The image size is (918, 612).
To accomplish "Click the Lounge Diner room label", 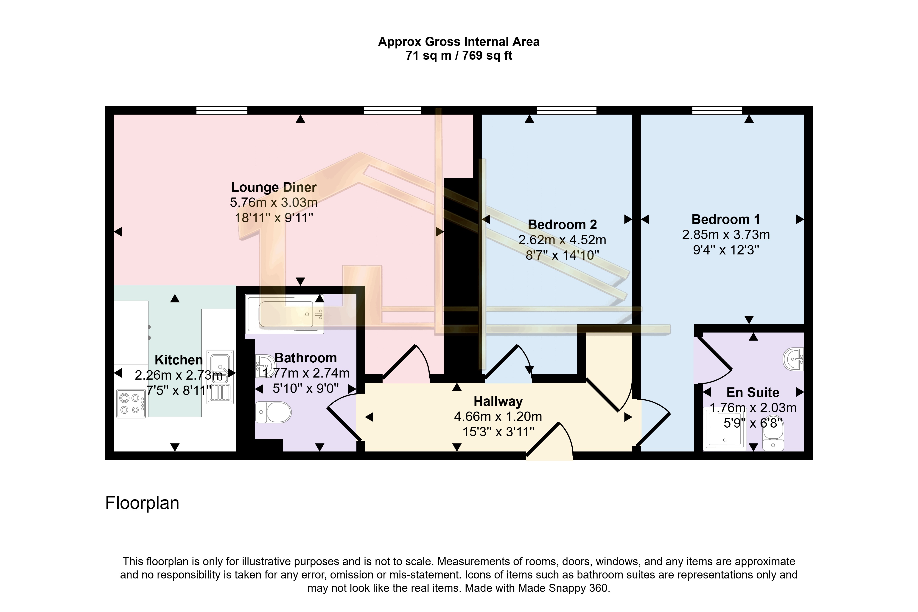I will coord(274,187).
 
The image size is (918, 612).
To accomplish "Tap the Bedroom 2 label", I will coord(562,225).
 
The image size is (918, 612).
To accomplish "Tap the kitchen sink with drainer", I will coord(220,377).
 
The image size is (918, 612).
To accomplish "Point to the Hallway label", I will coord(498,401).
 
